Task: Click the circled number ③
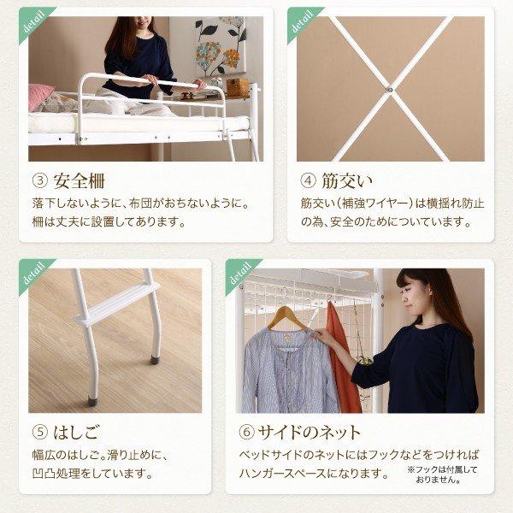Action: (40, 181)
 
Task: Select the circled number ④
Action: (309, 181)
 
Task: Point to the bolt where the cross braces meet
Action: (388, 86)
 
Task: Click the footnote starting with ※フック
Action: (442, 475)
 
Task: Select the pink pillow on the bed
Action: (40, 97)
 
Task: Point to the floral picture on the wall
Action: (219, 47)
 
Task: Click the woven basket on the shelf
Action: (237, 87)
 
